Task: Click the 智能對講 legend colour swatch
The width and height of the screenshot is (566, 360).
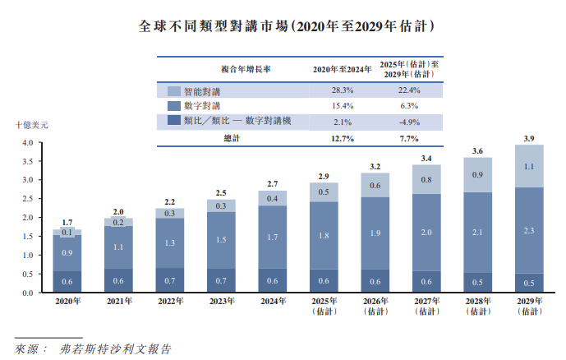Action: coord(173,90)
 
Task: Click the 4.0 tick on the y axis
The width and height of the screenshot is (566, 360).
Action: coord(26,143)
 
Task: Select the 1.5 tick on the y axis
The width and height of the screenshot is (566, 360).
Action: coord(26,237)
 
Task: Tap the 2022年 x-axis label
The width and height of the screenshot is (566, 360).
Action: coord(170,302)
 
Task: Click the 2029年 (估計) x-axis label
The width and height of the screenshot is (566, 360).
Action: coord(529,307)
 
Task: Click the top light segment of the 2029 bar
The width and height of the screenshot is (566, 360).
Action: coord(529,166)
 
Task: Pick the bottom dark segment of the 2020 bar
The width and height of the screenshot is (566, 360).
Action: coord(67,282)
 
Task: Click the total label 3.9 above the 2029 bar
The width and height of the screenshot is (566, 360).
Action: coord(529,137)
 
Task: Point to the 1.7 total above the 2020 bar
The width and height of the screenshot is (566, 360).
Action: coord(67,223)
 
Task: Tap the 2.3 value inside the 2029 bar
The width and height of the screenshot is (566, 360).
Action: coord(529,230)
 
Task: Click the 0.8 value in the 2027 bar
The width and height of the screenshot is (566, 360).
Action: coord(426,179)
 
